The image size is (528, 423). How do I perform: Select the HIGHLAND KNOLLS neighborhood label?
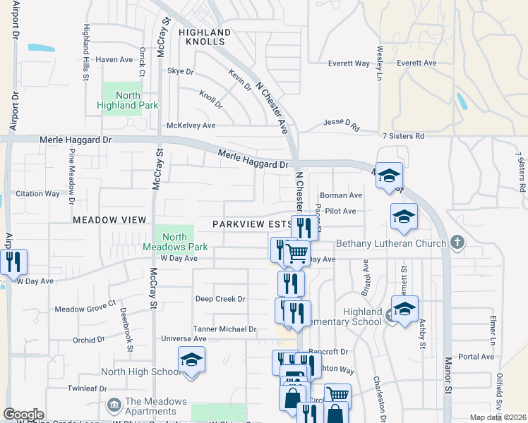coord(205,37)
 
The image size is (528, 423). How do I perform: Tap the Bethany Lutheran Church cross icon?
coord(457,243)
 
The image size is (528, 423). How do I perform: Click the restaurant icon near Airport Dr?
coord(13,262)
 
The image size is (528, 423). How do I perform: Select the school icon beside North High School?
coord(191,360)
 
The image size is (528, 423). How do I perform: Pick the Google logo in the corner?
coord(23,415)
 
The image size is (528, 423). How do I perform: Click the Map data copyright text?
coord(498,417)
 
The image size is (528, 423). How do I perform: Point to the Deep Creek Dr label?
coord(220,299)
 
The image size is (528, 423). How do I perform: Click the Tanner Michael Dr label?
coord(224,329)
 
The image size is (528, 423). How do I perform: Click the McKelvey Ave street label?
coord(191,125)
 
